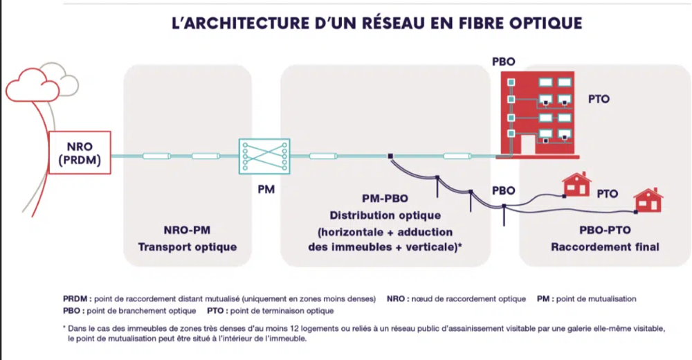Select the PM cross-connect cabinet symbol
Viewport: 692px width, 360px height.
click(264, 156)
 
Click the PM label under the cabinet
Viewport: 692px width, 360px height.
click(266, 188)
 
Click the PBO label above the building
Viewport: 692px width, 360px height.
click(503, 62)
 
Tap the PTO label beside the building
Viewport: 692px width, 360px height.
click(599, 99)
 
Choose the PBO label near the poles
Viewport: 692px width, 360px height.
click(503, 190)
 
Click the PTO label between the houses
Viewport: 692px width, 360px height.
click(608, 195)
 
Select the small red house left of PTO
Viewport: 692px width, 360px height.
click(576, 184)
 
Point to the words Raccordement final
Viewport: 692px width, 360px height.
click(605, 246)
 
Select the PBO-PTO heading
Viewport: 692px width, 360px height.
click(605, 231)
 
